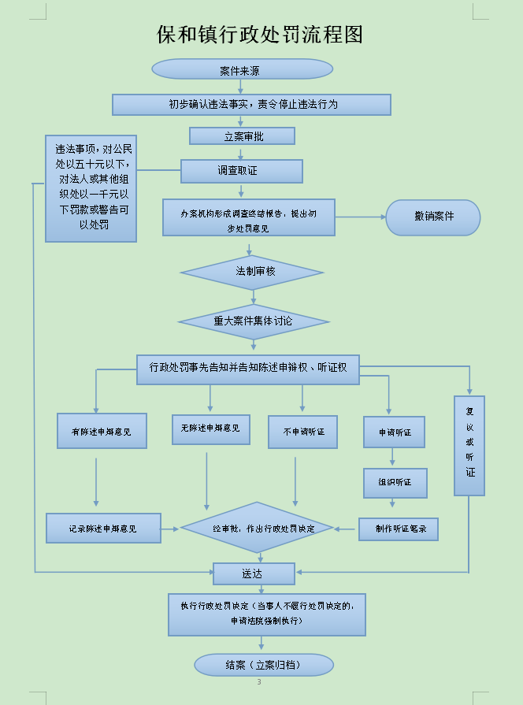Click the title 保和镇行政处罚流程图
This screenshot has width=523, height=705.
(260, 35)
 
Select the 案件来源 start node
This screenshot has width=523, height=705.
(242, 69)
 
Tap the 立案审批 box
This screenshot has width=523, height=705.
(242, 136)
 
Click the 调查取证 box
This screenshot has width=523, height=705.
(241, 171)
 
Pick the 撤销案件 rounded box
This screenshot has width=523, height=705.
(432, 217)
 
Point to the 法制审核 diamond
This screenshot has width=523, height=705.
(252, 272)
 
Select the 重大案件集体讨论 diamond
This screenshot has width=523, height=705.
(253, 321)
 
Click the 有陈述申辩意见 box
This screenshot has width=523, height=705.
(102, 431)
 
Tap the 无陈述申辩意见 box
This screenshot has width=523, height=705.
(210, 429)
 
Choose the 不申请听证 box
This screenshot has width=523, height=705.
(302, 432)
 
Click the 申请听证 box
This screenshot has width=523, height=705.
(395, 432)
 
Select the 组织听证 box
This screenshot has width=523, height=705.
(395, 482)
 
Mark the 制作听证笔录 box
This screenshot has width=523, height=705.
(398, 529)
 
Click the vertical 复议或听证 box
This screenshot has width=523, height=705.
(469, 445)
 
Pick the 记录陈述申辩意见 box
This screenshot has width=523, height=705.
(103, 529)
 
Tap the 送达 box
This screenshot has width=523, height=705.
(254, 573)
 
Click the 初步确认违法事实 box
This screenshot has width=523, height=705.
(251, 105)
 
